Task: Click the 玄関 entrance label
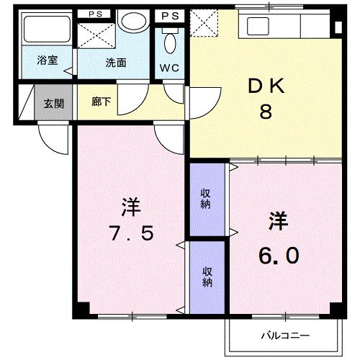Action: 53,103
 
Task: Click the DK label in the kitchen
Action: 265,86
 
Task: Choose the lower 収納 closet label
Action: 207,277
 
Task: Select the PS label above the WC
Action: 170,14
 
